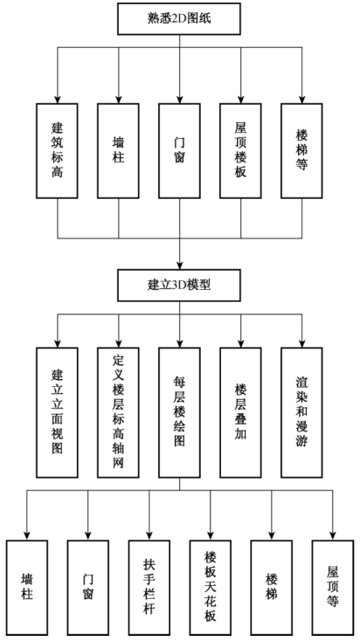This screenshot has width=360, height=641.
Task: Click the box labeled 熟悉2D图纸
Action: tap(179, 19)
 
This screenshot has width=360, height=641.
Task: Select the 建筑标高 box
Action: tap(57, 151)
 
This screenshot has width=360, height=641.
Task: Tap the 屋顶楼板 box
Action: tap(240, 151)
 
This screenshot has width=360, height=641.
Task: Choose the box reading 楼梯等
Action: tap(302, 151)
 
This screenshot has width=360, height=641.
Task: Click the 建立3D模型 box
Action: tap(179, 285)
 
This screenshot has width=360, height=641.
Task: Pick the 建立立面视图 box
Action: tap(57, 412)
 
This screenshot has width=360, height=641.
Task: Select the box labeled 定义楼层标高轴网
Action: tap(118, 412)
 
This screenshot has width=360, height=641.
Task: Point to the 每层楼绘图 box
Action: tap(180, 412)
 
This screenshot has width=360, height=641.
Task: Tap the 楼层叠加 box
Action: tap(240, 412)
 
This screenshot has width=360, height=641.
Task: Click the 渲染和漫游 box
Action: tap(302, 412)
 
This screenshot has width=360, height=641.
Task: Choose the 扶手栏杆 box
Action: tap(149, 588)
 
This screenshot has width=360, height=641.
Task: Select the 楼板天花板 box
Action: tap(211, 588)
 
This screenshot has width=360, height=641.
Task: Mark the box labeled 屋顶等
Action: tap(333, 588)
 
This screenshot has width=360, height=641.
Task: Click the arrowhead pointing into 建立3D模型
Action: tap(180, 265)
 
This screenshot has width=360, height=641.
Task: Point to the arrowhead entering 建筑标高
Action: tap(58, 100)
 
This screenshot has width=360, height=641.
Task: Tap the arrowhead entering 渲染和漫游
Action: tap(302, 344)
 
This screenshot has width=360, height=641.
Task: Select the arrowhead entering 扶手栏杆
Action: tap(149, 536)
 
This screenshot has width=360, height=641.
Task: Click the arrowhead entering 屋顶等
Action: tap(333, 536)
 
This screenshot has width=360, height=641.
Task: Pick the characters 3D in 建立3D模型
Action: tap(180, 285)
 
